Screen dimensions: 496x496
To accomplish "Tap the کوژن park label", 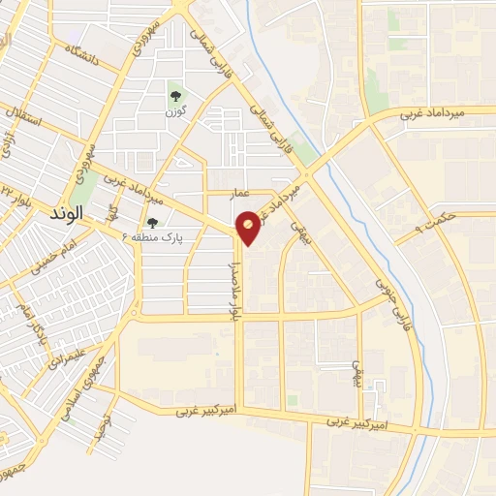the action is click(176, 113).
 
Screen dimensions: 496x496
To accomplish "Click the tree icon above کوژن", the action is click(176, 96).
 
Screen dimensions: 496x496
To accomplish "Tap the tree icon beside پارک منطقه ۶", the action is click(152, 223).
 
